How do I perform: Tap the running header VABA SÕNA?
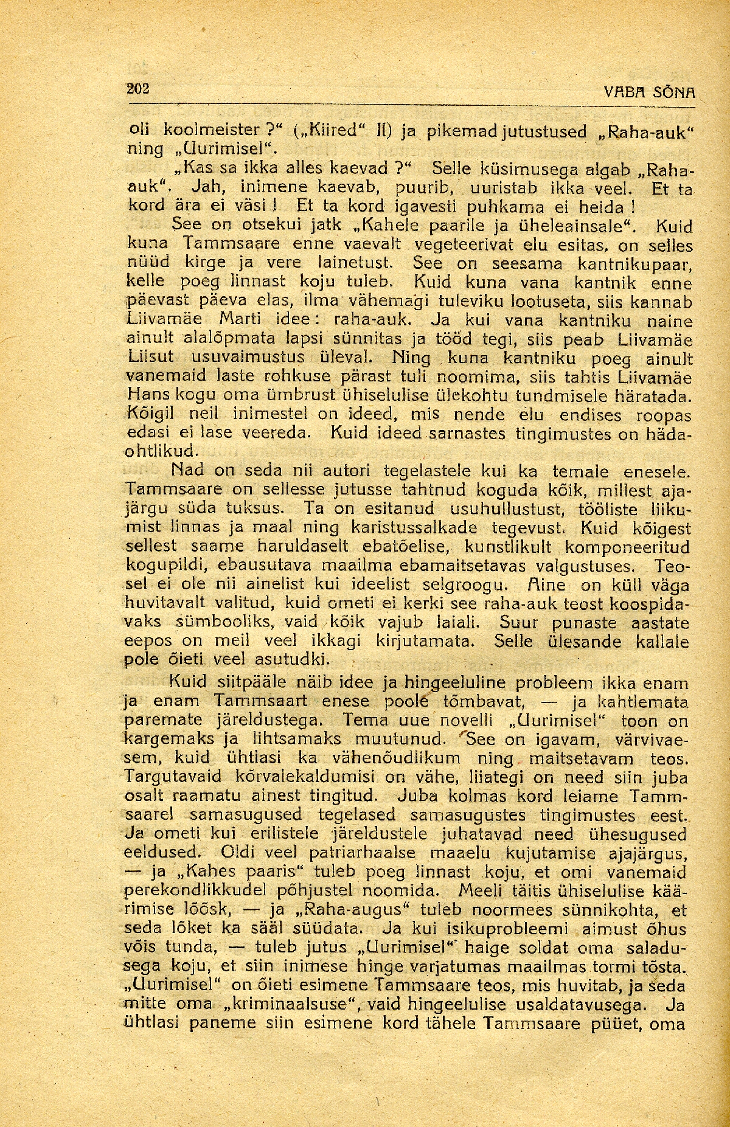click(x=650, y=93)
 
